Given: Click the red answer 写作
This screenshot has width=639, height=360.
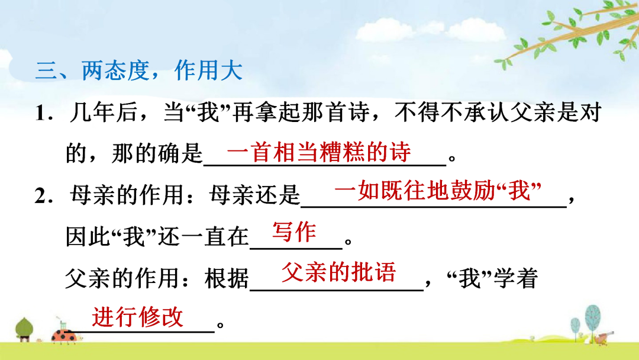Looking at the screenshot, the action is click(x=294, y=232).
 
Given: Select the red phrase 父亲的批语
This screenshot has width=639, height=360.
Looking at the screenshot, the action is click(x=338, y=272).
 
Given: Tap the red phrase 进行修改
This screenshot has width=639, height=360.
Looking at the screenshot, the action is click(x=137, y=317).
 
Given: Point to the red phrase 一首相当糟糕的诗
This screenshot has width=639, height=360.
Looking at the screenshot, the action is click(x=319, y=152).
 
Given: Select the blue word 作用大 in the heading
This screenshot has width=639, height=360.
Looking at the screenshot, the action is click(x=208, y=70).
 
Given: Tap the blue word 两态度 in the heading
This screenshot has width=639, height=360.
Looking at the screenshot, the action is click(x=115, y=70).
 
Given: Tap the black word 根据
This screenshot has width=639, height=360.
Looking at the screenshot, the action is click(x=227, y=279).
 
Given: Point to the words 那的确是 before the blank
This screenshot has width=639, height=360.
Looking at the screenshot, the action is click(x=157, y=153).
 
